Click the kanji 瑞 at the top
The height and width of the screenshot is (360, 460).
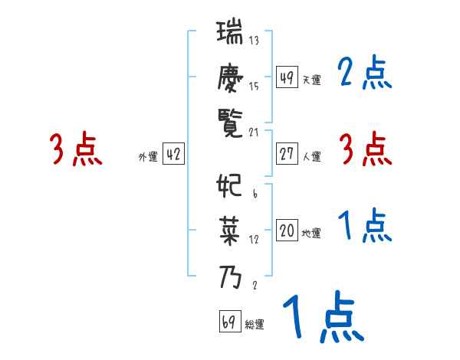pos(230,35)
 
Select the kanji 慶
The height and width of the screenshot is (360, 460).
pos(230,77)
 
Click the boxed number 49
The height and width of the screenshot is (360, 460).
pos(287,77)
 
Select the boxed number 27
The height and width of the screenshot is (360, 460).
pos(287,154)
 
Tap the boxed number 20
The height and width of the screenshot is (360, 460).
pos(287,231)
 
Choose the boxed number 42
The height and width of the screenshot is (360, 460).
pos(173,154)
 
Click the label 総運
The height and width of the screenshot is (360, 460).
pos(255,325)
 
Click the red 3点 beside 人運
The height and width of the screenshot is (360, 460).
pos(364,149)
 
